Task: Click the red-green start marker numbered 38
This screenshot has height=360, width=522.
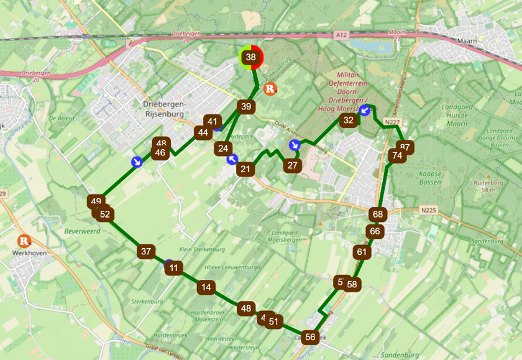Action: (x=251, y=57)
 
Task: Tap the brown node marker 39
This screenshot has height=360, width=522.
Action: (x=246, y=106)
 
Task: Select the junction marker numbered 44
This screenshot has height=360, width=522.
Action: (x=203, y=132)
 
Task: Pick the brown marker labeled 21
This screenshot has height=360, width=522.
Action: (x=246, y=168)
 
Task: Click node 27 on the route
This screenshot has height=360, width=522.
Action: (x=293, y=165)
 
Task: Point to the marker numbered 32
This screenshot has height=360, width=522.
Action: (x=349, y=120)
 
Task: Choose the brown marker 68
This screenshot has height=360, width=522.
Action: (x=378, y=214)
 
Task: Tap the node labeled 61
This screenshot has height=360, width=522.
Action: (x=362, y=252)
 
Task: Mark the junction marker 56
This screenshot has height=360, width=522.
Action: (x=311, y=338)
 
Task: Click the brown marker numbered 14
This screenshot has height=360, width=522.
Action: (x=206, y=287)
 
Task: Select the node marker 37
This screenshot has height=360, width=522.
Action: (x=146, y=252)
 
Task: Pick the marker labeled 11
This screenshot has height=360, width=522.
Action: (x=175, y=269)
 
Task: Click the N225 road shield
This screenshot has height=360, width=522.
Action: (x=428, y=211)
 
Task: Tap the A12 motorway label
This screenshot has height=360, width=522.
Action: (x=338, y=34)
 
